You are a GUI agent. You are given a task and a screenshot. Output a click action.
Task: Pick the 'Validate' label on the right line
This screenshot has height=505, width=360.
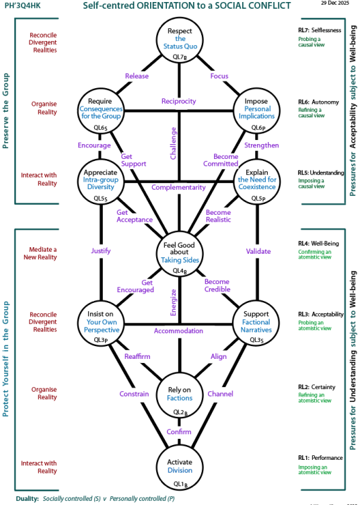256,251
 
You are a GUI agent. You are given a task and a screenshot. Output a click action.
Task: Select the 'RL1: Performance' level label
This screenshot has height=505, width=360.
320,458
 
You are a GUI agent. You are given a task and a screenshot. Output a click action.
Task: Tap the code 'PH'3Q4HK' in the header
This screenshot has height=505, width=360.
24,6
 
